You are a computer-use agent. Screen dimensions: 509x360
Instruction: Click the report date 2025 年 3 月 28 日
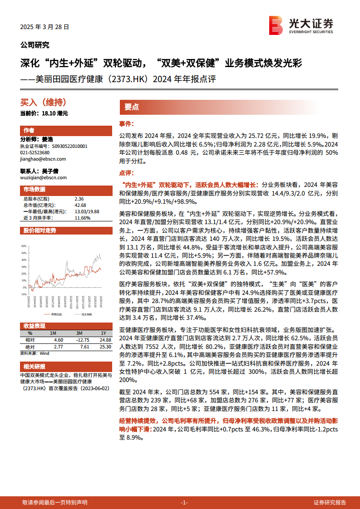coord(44,27)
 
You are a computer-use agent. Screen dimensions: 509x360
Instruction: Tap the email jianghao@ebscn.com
coord(43,159)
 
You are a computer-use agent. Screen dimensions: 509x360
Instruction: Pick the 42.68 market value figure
coord(80,205)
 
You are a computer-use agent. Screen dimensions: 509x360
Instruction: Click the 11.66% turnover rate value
coord(82,218)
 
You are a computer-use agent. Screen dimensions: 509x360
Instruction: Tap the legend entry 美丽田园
coord(56,314)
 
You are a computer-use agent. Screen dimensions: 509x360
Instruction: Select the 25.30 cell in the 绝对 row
coord(105,347)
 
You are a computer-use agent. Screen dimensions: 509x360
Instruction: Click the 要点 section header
coord(132,107)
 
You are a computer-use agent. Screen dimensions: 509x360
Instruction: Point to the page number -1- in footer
coord(184,502)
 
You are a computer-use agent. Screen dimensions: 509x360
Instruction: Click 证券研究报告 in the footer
coord(330,502)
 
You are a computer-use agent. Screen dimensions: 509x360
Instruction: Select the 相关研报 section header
coord(35,367)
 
